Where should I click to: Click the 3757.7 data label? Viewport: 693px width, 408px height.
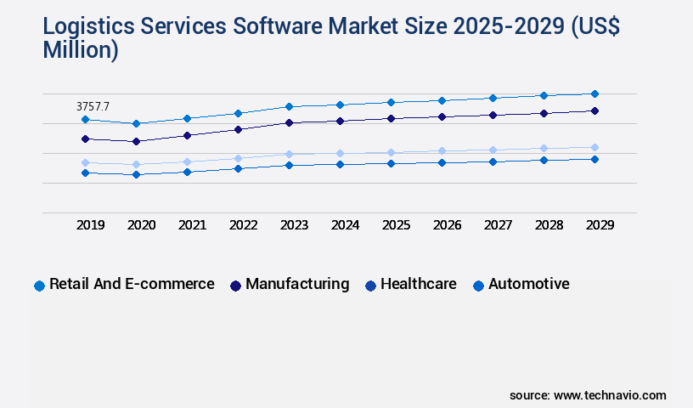[x=93, y=106]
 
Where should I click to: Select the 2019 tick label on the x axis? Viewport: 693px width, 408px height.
[x=91, y=225]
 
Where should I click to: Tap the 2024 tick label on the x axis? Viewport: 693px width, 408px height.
[x=346, y=225]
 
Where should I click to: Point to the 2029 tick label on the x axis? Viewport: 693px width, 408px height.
[x=600, y=225]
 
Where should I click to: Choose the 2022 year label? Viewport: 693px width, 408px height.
[x=244, y=225]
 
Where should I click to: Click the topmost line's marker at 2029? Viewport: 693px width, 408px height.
[x=594, y=93]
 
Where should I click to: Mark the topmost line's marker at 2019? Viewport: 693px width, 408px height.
[x=85, y=120]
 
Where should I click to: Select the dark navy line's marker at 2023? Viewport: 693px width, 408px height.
[x=289, y=122]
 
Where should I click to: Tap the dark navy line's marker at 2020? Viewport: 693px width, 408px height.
[x=136, y=141]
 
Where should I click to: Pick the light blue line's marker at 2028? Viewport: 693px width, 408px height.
[x=544, y=148]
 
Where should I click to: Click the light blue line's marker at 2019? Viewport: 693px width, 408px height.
[x=85, y=162]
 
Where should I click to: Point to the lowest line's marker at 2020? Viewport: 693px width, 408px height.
[x=136, y=174]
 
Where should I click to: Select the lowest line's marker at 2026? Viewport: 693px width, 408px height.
[x=442, y=161]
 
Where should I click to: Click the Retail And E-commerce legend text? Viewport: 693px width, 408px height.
[x=132, y=284]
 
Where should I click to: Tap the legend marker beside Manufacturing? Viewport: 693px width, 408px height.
[x=235, y=286]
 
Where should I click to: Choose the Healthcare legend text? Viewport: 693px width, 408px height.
[x=418, y=284]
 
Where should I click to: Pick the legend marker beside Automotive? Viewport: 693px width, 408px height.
[x=478, y=286]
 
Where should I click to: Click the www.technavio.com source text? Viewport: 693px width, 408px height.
[x=610, y=395]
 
